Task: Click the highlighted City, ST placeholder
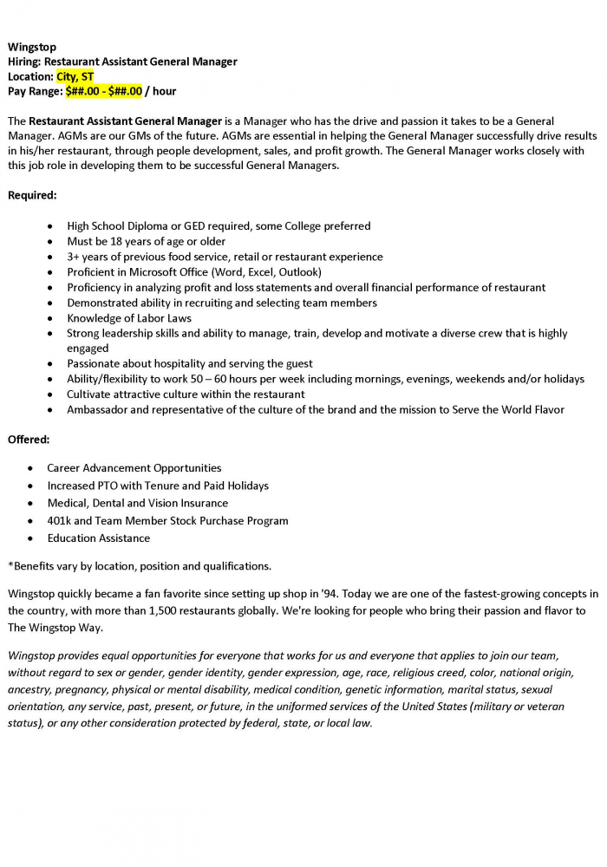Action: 75,76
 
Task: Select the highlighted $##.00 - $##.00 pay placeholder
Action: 103,91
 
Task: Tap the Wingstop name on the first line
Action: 32,47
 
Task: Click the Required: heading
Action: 32,195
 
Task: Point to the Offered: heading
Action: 29,440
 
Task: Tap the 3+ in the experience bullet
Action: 74,257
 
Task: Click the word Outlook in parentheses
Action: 299,272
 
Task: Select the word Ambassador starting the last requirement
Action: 99,410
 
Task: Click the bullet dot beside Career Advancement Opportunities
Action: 30,468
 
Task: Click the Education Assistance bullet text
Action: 98,538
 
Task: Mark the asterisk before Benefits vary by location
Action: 10,565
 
